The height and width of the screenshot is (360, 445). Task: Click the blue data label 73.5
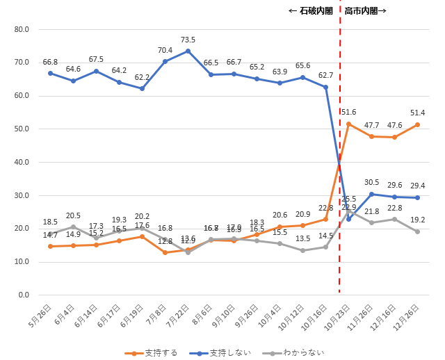(188, 40)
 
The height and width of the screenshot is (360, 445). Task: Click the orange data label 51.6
(348, 112)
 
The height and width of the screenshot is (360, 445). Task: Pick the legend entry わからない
(298, 352)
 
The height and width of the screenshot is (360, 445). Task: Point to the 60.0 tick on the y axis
(21, 96)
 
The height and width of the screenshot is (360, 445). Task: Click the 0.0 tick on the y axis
(23, 295)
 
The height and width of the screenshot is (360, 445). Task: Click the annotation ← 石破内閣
(309, 11)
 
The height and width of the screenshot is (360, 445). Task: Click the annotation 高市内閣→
(365, 11)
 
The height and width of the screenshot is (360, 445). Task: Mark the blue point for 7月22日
(188, 51)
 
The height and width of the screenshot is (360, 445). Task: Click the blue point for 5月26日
(50, 73)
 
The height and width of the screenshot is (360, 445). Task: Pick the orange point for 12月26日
(417, 124)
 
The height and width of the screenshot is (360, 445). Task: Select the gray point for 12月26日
(417, 231)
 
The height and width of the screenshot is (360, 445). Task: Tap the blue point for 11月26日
(371, 194)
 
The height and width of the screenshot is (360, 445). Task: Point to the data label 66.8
(50, 62)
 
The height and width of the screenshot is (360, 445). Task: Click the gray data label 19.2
(417, 219)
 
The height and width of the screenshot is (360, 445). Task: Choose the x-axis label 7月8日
(158, 316)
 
